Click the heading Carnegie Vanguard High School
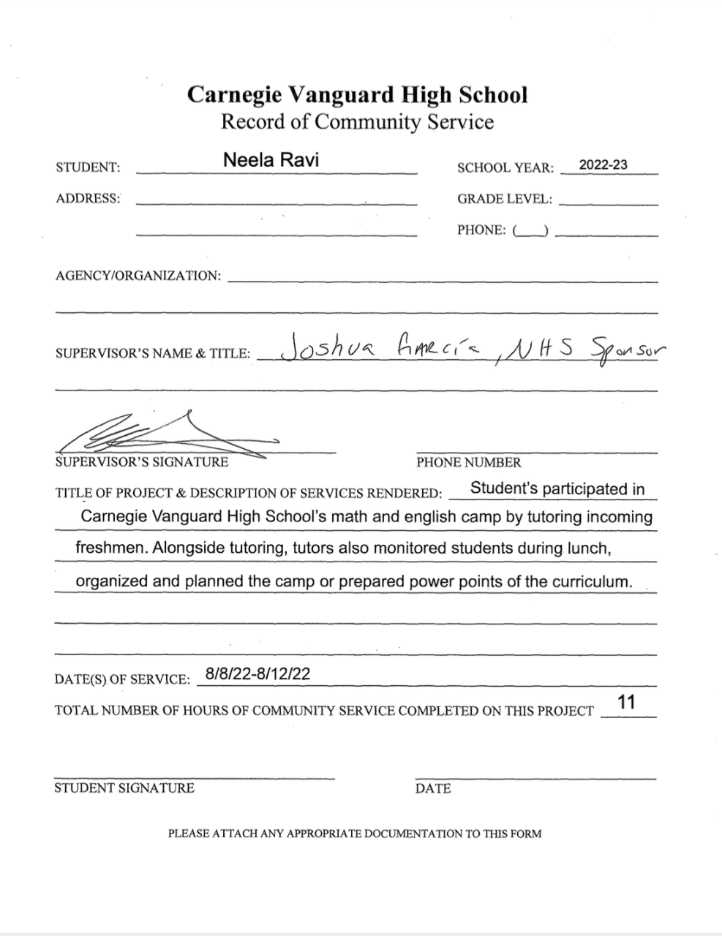click(357, 95)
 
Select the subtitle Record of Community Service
click(357, 121)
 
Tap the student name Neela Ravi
click(271, 160)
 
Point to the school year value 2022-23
click(603, 165)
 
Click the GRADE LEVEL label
click(505, 199)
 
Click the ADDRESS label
click(88, 198)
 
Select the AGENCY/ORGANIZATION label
click(138, 276)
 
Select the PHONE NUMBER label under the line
click(468, 462)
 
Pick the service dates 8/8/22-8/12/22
click(257, 674)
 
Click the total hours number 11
click(626, 703)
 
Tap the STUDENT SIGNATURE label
click(124, 788)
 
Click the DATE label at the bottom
click(432, 788)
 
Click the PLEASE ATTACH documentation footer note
click(355, 833)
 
